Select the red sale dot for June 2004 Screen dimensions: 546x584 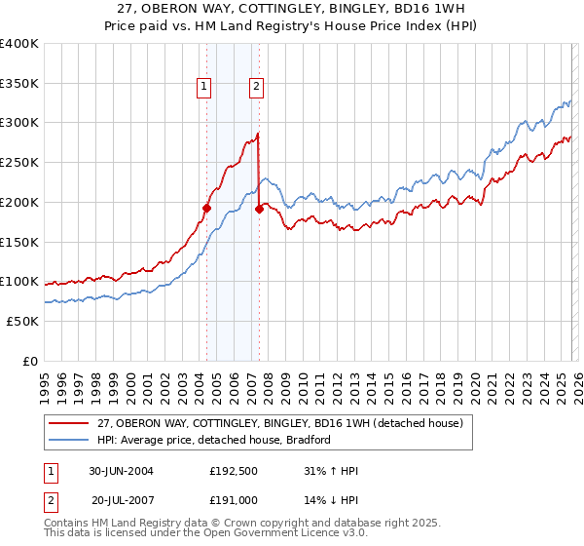[206, 208]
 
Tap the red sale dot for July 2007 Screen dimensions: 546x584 [259, 209]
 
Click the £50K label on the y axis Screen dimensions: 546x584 [21, 321]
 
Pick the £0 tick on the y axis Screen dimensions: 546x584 [30, 361]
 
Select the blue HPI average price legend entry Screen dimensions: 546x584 [214, 440]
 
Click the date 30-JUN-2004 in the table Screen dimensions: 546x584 [121, 471]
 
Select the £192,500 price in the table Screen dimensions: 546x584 [232, 471]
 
